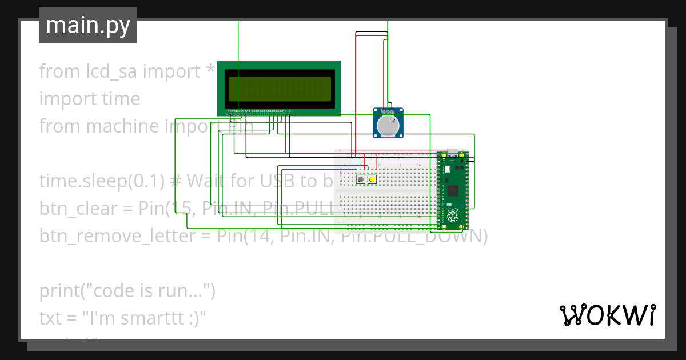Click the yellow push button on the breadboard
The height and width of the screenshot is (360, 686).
coord(372,180)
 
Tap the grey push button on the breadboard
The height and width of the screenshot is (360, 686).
coord(361,180)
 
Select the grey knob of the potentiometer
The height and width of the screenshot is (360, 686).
coord(388,126)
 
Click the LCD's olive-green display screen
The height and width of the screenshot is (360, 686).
coord(279,89)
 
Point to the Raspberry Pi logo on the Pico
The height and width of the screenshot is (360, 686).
coord(453,215)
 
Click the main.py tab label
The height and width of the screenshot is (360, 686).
coord(88,25)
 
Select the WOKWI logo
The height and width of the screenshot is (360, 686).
coord(607,315)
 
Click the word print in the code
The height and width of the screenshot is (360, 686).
coord(58,291)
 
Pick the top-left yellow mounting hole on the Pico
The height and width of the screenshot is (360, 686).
coord(444,155)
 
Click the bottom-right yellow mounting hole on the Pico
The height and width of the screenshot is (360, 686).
coord(461,227)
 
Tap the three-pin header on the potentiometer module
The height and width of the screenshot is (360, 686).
coord(388,110)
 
